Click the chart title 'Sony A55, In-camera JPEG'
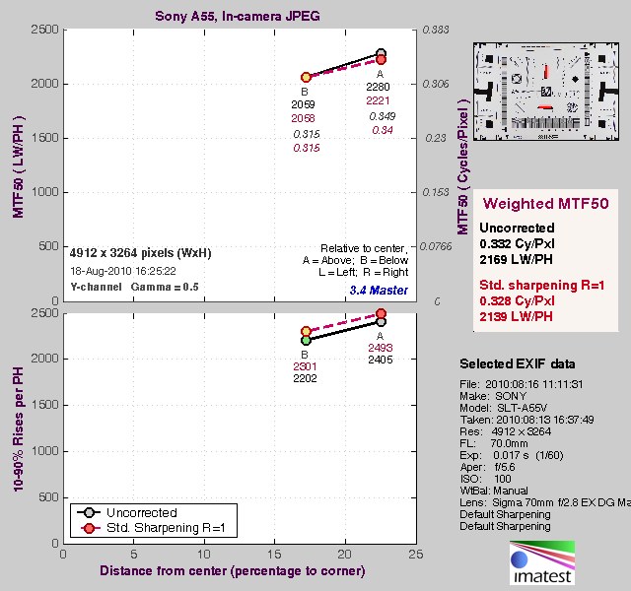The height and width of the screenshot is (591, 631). pos(241,17)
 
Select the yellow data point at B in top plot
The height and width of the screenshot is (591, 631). pos(306,77)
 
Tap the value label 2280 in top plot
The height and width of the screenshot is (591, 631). pos(379,87)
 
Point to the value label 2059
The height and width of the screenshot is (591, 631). pos(304,103)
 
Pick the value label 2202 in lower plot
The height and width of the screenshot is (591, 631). pos(305,378)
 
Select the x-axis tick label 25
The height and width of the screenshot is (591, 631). pos(415,556)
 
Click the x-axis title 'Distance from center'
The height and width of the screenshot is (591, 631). pos(241,571)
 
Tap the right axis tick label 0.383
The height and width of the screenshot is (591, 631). pos(435,31)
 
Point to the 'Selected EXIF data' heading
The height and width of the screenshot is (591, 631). pos(518,363)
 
